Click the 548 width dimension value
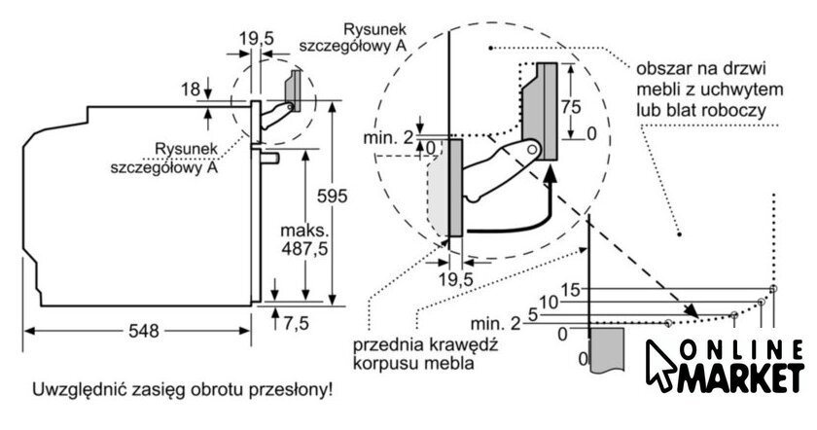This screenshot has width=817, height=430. pyautogui.click(x=143, y=331)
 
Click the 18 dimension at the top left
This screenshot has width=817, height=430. pyautogui.click(x=190, y=90)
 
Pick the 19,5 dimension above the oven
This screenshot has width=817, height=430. pyautogui.click(x=256, y=38)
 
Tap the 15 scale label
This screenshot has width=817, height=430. pyautogui.click(x=571, y=289)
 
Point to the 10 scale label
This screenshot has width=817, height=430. pyautogui.click(x=550, y=302)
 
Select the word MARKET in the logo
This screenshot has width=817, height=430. pyautogui.click(x=743, y=380)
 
